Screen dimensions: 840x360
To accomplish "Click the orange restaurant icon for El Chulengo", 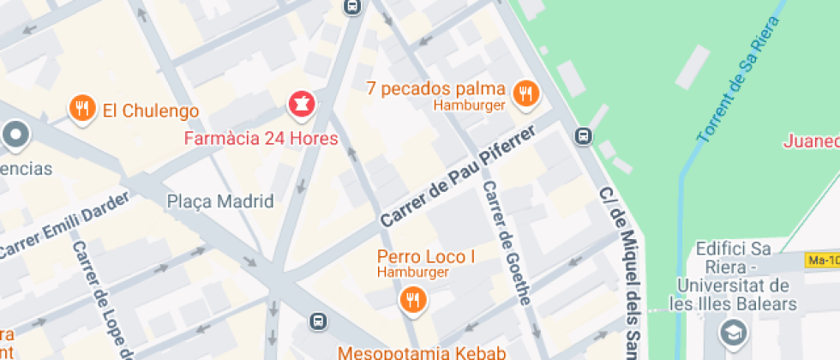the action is [82, 108].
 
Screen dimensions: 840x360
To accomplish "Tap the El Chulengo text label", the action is [150, 111].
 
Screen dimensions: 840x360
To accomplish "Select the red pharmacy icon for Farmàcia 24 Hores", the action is [302, 105].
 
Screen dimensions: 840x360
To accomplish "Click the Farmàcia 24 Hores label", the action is [261, 138].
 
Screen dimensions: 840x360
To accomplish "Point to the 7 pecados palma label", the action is [435, 88].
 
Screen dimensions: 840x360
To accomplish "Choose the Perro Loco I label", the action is [426, 256].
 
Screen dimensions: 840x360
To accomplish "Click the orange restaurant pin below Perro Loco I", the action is [412, 298].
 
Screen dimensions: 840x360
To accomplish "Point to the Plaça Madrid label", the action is [220, 201].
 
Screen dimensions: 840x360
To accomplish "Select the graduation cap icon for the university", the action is [735, 331].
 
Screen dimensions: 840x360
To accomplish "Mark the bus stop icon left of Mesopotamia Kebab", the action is [317, 321].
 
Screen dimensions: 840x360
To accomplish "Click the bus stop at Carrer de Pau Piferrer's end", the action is [583, 135].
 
